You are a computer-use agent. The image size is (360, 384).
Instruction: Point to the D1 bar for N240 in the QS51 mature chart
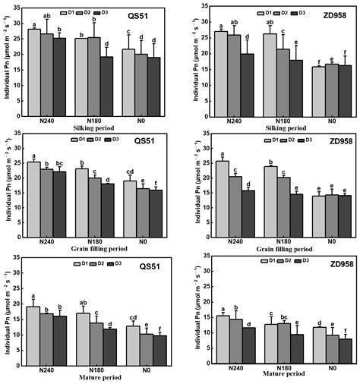[x=34, y=337]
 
